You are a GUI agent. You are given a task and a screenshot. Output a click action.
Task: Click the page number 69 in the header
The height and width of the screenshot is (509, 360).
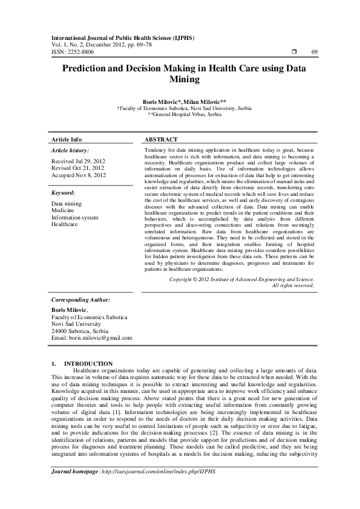point(314,53)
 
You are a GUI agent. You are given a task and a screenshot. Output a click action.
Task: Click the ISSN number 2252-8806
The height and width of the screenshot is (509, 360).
point(80,53)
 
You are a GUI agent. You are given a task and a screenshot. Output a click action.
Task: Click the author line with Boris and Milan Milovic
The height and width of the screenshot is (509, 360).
point(180,102)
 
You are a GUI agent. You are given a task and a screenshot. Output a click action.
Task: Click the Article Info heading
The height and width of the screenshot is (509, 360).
point(67,139)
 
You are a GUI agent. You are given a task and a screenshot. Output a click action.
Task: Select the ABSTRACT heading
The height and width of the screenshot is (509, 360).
point(161,139)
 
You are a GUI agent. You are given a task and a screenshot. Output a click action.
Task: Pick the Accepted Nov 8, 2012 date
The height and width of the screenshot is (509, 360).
point(79,175)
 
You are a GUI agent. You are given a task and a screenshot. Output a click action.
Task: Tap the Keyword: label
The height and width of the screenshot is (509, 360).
point(66,193)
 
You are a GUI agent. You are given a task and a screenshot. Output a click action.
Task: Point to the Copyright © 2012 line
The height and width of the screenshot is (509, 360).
point(241,280)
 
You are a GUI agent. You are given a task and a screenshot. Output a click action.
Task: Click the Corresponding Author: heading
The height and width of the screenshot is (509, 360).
point(80,299)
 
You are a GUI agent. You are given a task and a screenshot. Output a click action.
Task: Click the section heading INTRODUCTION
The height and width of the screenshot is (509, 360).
point(97,363)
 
